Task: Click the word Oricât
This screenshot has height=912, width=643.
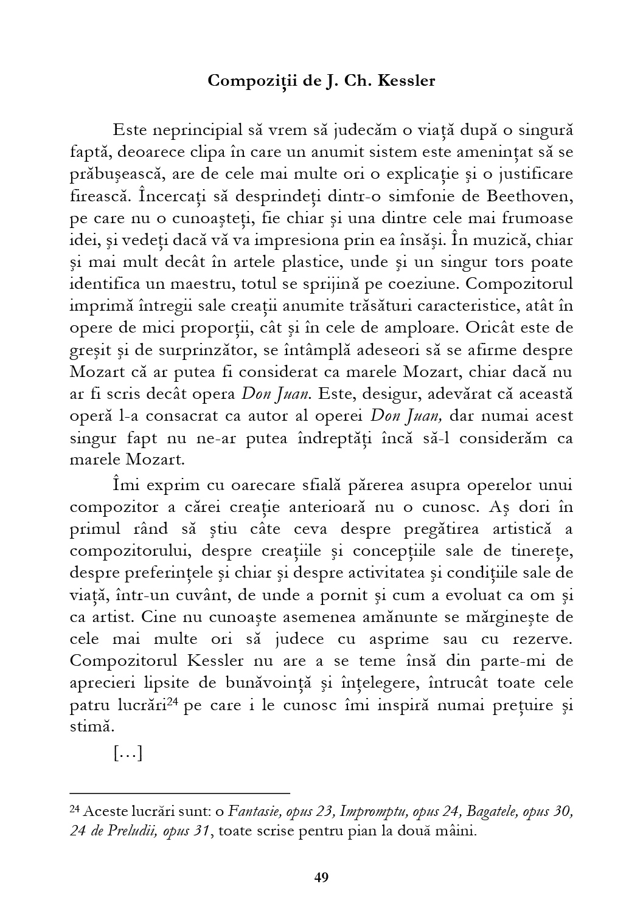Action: (x=490, y=328)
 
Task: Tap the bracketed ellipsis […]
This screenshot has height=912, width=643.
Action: (x=128, y=755)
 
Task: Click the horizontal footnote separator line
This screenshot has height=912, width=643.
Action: (x=180, y=793)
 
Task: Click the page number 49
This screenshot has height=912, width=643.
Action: (x=321, y=877)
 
